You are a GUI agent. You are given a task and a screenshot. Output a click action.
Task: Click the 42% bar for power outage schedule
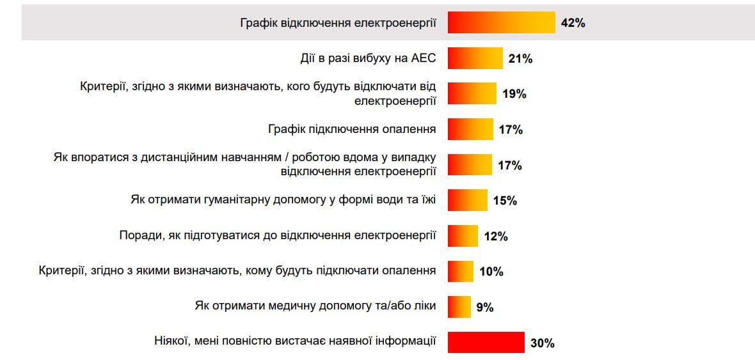501,23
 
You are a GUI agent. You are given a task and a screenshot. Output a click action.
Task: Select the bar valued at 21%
475,59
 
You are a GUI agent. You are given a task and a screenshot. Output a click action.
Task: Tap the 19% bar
472,94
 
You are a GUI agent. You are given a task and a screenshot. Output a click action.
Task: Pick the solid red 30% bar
486,343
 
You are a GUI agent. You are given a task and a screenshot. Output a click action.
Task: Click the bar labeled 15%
467,200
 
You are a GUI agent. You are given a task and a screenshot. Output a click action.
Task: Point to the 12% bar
463,236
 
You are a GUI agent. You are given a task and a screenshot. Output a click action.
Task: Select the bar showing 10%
460,271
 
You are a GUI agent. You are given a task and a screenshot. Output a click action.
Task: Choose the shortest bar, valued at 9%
459,307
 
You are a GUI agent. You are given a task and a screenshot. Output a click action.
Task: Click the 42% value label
573,24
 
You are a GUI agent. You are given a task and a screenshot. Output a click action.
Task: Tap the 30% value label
542,343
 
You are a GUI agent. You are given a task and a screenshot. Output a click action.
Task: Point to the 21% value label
520,59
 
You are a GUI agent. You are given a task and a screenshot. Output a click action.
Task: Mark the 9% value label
484,308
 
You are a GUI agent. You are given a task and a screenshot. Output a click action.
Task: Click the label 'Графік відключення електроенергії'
338,24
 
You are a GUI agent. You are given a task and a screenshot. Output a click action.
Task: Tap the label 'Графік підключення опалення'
352,129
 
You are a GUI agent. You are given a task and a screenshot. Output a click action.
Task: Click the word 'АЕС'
422,59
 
